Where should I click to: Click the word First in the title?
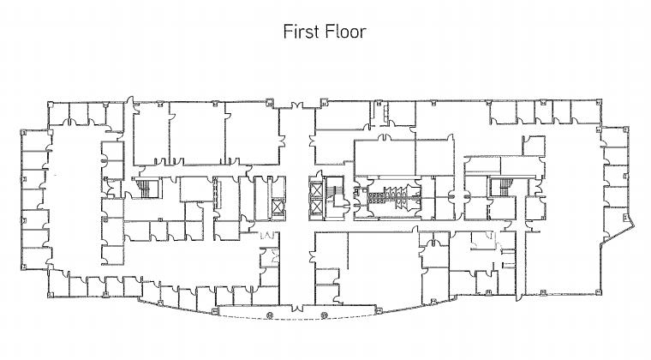click(x=300, y=32)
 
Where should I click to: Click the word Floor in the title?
click(x=345, y=32)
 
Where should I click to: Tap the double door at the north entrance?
click(x=297, y=105)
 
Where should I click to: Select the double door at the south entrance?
click(x=297, y=308)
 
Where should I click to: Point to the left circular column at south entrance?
click(x=270, y=315)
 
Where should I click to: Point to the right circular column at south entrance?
click(x=325, y=315)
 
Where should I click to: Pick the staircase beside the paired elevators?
click(x=333, y=195)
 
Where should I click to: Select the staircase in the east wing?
click(x=504, y=187)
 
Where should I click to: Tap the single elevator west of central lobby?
click(x=277, y=206)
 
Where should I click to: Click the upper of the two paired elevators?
click(x=316, y=190)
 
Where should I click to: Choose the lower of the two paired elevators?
click(x=316, y=207)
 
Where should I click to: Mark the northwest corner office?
click(x=58, y=114)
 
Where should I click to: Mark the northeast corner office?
click(x=586, y=112)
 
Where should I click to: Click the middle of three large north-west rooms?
click(x=197, y=134)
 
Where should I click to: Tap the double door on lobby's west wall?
click(x=282, y=141)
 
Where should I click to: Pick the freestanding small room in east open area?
click(x=534, y=146)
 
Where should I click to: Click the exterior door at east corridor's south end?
click(x=519, y=296)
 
